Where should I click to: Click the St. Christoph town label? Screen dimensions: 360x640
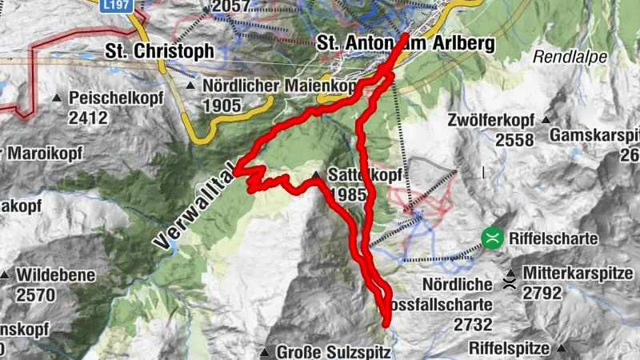[x=160, y=50]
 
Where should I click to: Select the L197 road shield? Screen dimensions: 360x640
[x=116, y=5]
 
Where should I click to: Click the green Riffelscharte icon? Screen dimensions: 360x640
[x=492, y=238]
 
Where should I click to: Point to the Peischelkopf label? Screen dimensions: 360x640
[x=117, y=98]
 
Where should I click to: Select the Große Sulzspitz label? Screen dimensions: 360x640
[x=333, y=351]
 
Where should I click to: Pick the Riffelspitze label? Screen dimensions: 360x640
[x=509, y=348]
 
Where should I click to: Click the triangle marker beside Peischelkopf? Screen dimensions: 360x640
[x=57, y=98]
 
